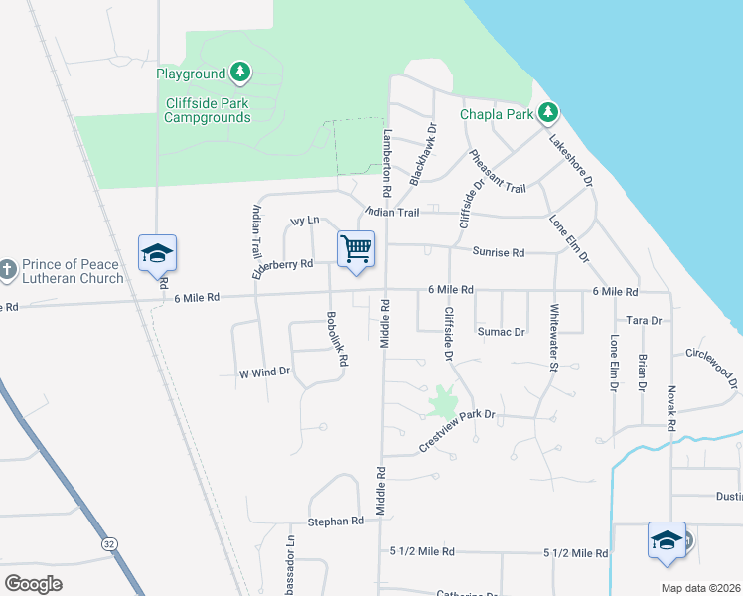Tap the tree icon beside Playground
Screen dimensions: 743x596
[239, 72]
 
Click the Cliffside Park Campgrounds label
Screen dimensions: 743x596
[208, 110]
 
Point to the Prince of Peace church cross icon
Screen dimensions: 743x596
[7, 269]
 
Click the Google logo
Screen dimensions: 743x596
[34, 583]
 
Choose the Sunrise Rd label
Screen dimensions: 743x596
[498, 252]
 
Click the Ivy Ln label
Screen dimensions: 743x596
[304, 220]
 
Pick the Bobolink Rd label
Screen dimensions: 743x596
[335, 341]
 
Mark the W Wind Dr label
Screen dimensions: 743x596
[263, 372]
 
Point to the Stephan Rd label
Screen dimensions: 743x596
[335, 521]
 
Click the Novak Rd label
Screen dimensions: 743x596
[671, 407]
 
